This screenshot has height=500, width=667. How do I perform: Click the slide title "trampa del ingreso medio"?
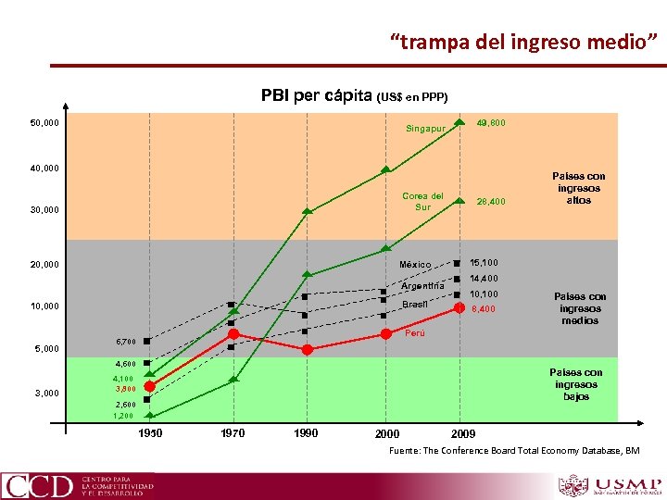[x=523, y=42]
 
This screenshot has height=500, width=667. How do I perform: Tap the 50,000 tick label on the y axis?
[x=44, y=123]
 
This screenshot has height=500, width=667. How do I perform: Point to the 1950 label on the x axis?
[x=150, y=432]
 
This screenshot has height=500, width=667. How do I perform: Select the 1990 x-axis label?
[x=306, y=432]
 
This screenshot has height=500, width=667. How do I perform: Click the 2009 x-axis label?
[x=463, y=433]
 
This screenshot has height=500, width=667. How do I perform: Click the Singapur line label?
[x=426, y=129]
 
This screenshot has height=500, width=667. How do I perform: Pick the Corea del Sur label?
[x=422, y=201]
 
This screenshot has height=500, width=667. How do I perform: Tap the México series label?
[x=415, y=265]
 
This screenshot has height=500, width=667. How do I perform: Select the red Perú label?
[x=415, y=332]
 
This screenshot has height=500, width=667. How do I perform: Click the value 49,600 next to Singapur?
[x=490, y=122]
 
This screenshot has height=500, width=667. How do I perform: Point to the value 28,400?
[x=490, y=201]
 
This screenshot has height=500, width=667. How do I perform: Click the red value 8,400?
[x=484, y=309]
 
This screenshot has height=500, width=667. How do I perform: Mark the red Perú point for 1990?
[x=308, y=349]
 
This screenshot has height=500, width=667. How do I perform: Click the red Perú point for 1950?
[x=149, y=386]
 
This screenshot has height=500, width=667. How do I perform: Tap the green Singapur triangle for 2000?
[x=386, y=169]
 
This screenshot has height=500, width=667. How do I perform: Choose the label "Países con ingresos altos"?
[x=578, y=187]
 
